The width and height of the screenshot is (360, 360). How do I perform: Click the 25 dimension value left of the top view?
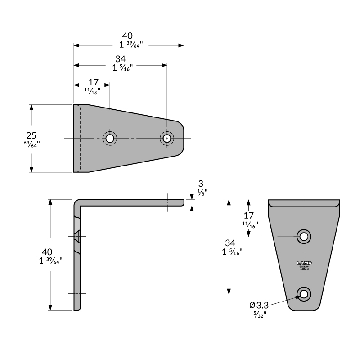(x=31, y=135)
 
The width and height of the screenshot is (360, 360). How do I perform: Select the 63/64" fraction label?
(x=31, y=144)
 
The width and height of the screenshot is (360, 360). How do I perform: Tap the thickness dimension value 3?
(x=201, y=184)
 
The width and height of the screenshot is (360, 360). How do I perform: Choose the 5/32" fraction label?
(x=260, y=314)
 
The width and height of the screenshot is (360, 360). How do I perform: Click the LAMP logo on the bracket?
(x=304, y=263)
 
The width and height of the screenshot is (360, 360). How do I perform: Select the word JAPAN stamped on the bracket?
(x=304, y=269)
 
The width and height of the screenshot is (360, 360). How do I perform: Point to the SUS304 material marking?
(x=304, y=266)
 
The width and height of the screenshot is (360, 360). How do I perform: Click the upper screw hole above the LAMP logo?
(x=304, y=236)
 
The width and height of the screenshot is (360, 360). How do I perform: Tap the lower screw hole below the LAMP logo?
(x=304, y=294)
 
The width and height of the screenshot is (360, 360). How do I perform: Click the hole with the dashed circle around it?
(x=109, y=138)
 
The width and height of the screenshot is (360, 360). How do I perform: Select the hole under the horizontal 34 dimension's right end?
(x=167, y=138)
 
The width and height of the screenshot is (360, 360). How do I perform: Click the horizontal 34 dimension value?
(x=120, y=59)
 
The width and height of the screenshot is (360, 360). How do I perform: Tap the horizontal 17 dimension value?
(x=93, y=82)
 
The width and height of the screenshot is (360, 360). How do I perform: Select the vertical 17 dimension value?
(x=249, y=216)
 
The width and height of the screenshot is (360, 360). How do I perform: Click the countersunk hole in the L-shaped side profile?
(x=78, y=235)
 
